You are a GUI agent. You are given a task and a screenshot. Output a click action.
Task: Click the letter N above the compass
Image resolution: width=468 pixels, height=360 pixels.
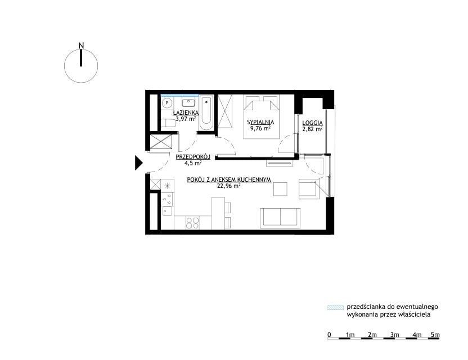81,46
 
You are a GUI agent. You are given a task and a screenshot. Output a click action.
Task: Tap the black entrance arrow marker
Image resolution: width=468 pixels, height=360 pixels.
139,163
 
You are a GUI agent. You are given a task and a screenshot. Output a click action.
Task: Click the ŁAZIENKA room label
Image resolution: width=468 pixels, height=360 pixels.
186,113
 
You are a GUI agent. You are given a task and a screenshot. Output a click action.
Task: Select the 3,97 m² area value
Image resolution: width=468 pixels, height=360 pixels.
186,119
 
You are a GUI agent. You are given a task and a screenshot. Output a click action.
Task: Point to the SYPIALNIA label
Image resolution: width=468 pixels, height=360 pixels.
260,122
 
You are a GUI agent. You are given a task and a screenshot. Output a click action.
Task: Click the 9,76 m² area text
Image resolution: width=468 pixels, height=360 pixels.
260,128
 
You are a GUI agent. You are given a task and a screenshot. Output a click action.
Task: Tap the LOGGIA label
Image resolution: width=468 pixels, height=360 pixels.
313,123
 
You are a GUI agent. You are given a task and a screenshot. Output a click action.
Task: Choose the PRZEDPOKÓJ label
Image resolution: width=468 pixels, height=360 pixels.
193,157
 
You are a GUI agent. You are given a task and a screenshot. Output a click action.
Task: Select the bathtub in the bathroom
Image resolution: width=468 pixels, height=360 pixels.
206,113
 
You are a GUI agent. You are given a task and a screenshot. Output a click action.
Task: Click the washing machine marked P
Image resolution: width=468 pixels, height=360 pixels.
167,103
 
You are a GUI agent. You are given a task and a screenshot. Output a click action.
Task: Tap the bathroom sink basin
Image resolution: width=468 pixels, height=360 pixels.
188,102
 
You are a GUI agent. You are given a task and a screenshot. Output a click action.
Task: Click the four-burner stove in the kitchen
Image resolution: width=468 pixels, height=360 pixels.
192,222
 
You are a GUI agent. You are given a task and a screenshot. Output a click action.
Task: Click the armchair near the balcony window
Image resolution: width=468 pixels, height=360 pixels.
309,188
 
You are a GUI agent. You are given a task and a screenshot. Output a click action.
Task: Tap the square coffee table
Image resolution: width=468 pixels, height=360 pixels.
280,189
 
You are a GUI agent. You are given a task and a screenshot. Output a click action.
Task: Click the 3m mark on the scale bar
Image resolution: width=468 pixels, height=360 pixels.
394,335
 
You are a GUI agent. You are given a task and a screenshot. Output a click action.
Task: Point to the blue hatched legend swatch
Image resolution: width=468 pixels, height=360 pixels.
335,308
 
